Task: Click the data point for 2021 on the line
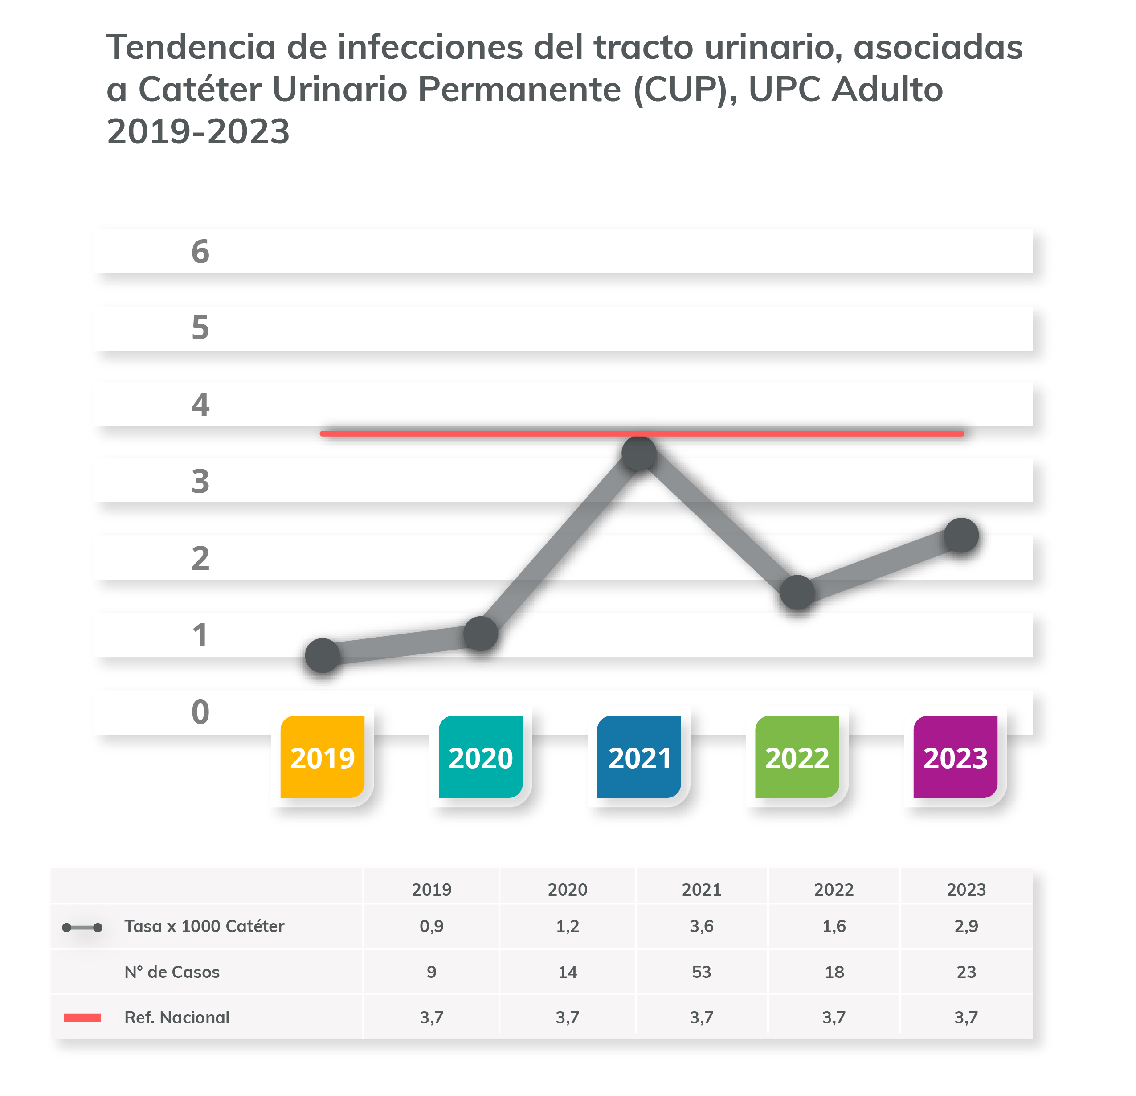pyautogui.click(x=639, y=453)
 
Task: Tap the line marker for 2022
pyautogui.click(x=797, y=593)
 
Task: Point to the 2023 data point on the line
pyautogui.click(x=961, y=535)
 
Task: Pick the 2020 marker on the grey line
pyautogui.click(x=481, y=634)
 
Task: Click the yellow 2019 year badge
pyautogui.click(x=322, y=757)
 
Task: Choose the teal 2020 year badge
pyautogui.click(x=481, y=757)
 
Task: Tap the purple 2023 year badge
pyautogui.click(x=955, y=757)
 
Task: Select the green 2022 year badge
pyautogui.click(x=797, y=757)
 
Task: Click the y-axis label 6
pyautogui.click(x=200, y=252)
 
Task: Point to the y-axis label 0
pyautogui.click(x=200, y=712)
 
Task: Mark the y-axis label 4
pyautogui.click(x=200, y=405)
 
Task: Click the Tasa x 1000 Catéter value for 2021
pyautogui.click(x=701, y=926)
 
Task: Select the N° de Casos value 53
pyautogui.click(x=701, y=972)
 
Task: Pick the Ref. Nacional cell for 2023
pyautogui.click(x=966, y=1017)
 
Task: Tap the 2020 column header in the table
pyautogui.click(x=568, y=890)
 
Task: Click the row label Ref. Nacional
pyautogui.click(x=177, y=1017)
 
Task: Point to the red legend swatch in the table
pyautogui.click(x=82, y=1017)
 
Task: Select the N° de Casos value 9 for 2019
pyautogui.click(x=431, y=972)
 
